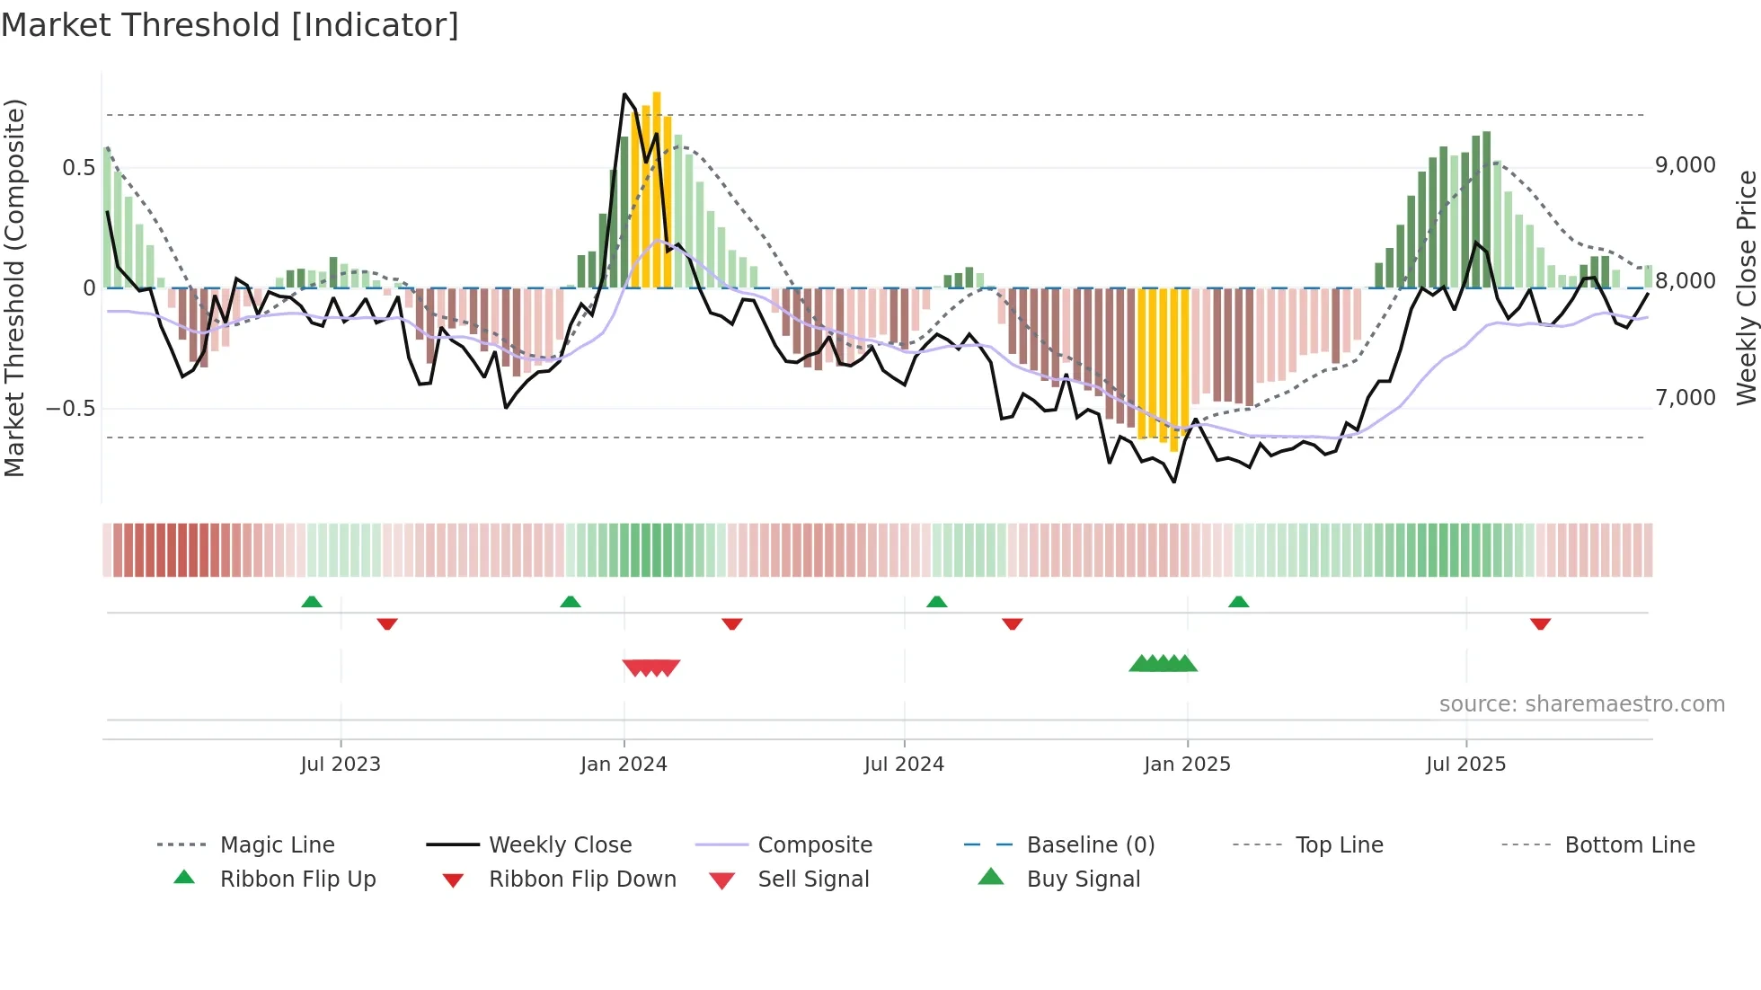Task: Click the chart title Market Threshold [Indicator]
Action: (230, 25)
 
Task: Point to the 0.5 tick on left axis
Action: (78, 168)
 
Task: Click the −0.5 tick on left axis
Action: (71, 409)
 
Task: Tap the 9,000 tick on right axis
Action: (1686, 165)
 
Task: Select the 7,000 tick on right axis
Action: (1686, 397)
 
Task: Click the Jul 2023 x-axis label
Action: (341, 765)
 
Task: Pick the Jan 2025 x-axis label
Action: (1187, 765)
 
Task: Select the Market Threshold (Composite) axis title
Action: (14, 287)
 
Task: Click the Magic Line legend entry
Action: (277, 845)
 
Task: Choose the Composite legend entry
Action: (814, 845)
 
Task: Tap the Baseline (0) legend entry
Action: (1090, 845)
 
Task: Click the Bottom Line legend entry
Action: (1629, 845)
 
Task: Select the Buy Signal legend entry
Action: (1083, 880)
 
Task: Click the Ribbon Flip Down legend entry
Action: (581, 880)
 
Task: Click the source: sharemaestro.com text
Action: (1581, 704)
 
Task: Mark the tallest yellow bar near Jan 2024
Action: (657, 189)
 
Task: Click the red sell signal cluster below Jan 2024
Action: (651, 667)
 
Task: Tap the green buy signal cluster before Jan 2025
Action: (1163, 664)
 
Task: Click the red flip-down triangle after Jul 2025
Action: (1540, 623)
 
